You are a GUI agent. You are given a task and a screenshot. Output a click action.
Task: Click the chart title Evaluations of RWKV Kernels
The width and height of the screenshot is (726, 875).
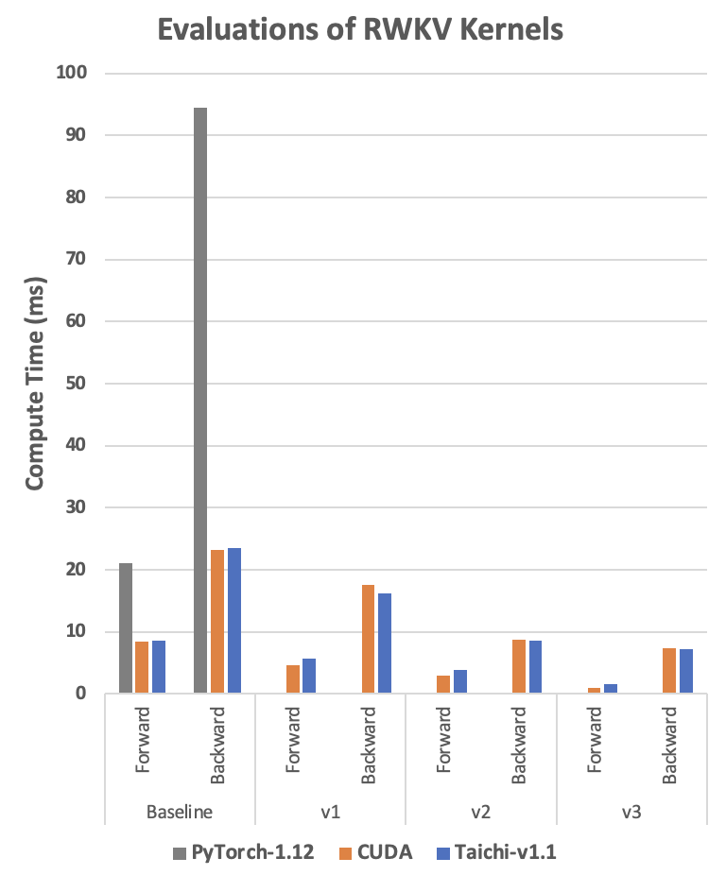[x=360, y=29]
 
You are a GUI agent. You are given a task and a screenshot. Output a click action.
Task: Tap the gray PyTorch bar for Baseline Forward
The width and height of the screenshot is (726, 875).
[x=126, y=628]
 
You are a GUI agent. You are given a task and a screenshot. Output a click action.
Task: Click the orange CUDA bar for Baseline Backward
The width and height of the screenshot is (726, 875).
[x=217, y=622]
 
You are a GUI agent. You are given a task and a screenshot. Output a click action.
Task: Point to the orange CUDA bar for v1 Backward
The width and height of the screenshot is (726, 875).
[x=368, y=639]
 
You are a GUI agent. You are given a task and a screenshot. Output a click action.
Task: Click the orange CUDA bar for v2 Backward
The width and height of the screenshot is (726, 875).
[x=519, y=666]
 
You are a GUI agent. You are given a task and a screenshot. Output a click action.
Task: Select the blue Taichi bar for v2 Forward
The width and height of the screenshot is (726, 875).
[x=459, y=681]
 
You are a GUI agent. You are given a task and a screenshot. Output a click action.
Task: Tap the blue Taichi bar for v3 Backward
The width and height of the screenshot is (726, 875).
[x=686, y=671]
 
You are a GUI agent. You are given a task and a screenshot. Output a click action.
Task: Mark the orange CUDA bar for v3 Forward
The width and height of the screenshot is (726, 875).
[x=594, y=691]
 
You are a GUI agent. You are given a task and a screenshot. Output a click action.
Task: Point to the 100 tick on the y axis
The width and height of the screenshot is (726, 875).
[x=74, y=73]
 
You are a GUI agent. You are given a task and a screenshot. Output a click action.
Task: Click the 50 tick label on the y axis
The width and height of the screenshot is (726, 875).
[x=78, y=384]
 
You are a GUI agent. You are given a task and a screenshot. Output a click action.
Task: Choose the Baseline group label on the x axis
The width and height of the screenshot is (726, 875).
[x=180, y=812]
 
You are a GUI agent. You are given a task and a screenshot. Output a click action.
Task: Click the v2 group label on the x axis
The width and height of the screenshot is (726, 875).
[x=480, y=812]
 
